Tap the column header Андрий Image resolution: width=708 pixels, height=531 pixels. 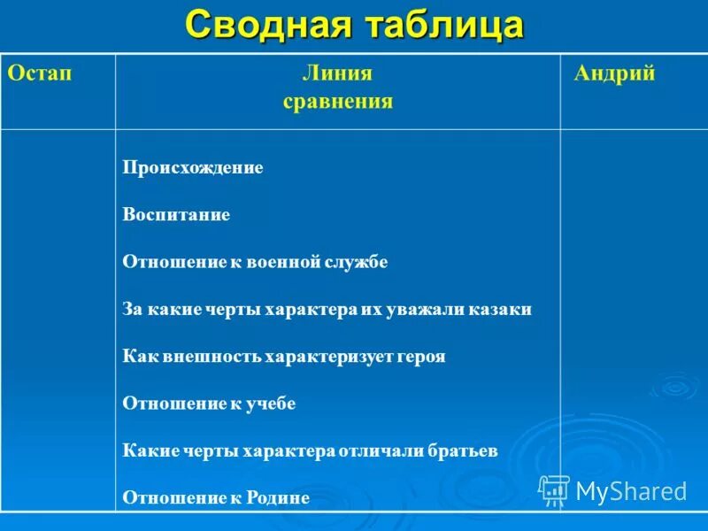pos(614,73)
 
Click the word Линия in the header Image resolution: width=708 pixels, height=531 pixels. pos(337,73)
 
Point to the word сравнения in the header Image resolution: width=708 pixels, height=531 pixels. pos(337,101)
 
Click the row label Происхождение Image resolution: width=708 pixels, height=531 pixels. pos(193,167)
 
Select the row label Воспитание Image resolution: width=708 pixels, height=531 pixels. pos(176,215)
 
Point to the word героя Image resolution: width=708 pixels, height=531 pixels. pos(421,357)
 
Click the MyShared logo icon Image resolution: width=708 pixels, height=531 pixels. pos(554,489)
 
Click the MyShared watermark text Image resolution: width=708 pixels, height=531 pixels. pos(630,491)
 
